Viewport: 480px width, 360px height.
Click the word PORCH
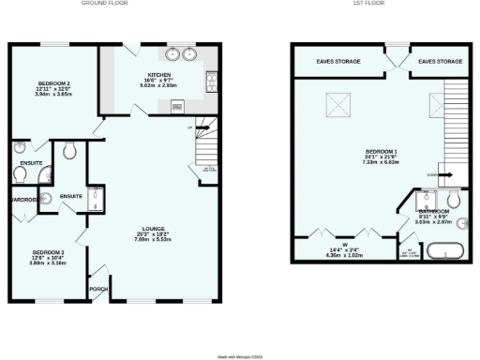tap(98, 289)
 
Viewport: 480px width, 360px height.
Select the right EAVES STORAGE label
tap(440, 61)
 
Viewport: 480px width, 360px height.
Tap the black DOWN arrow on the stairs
tap(446, 174)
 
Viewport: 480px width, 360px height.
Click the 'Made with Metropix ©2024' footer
tap(240, 355)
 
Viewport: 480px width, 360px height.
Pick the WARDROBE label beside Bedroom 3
tap(22, 200)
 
